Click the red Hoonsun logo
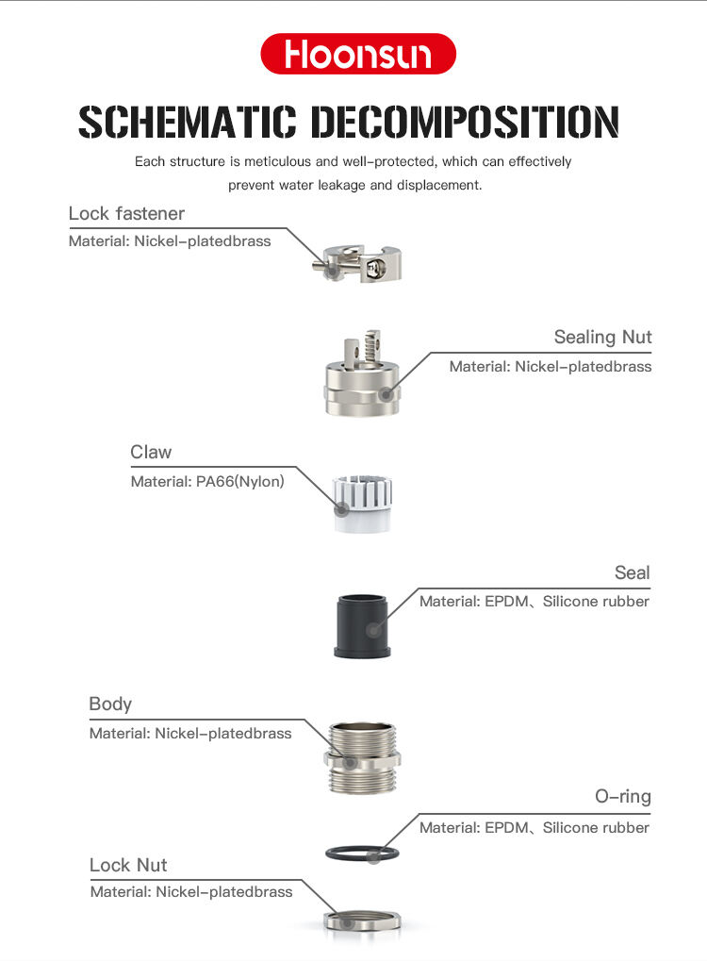[358, 54]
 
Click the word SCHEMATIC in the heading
[187, 122]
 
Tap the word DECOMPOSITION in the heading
[465, 122]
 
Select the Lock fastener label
[126, 213]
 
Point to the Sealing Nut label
[603, 337]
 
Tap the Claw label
[151, 453]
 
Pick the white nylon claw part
[363, 504]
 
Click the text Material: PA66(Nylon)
[207, 482]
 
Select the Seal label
[633, 573]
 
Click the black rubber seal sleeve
[362, 626]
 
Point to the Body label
[110, 704]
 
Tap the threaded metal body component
[362, 757]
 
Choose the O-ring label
[623, 796]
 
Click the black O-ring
[362, 846]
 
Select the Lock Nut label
[128, 865]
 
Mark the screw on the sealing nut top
[371, 348]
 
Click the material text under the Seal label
[534, 602]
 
